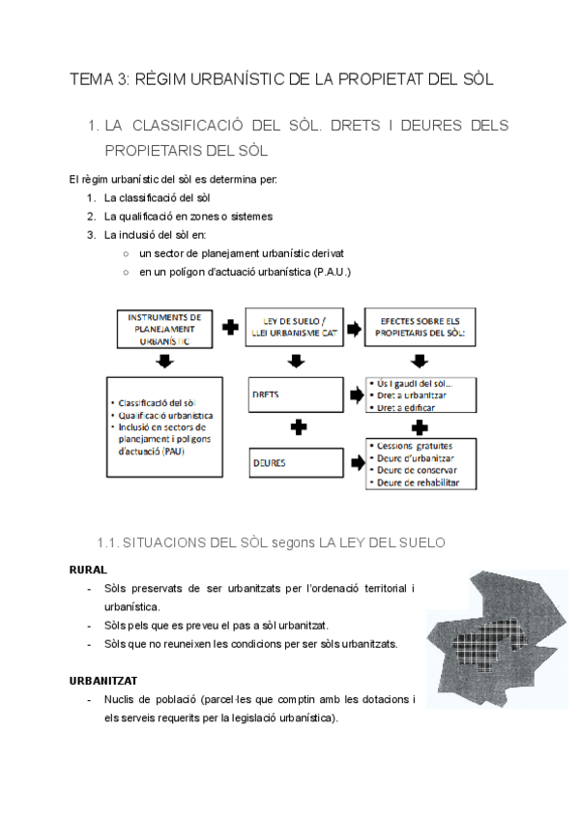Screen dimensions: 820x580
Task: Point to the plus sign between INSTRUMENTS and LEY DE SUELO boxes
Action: (230, 328)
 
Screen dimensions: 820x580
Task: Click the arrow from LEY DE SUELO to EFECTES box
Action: (354, 328)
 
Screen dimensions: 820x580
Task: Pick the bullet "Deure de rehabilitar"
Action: (419, 483)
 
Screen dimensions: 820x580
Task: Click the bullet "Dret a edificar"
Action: (407, 408)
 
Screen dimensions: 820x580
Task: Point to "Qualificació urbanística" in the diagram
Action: (167, 414)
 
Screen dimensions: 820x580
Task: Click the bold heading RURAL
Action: (88, 570)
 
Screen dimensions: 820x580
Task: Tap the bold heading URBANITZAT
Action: (102, 681)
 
